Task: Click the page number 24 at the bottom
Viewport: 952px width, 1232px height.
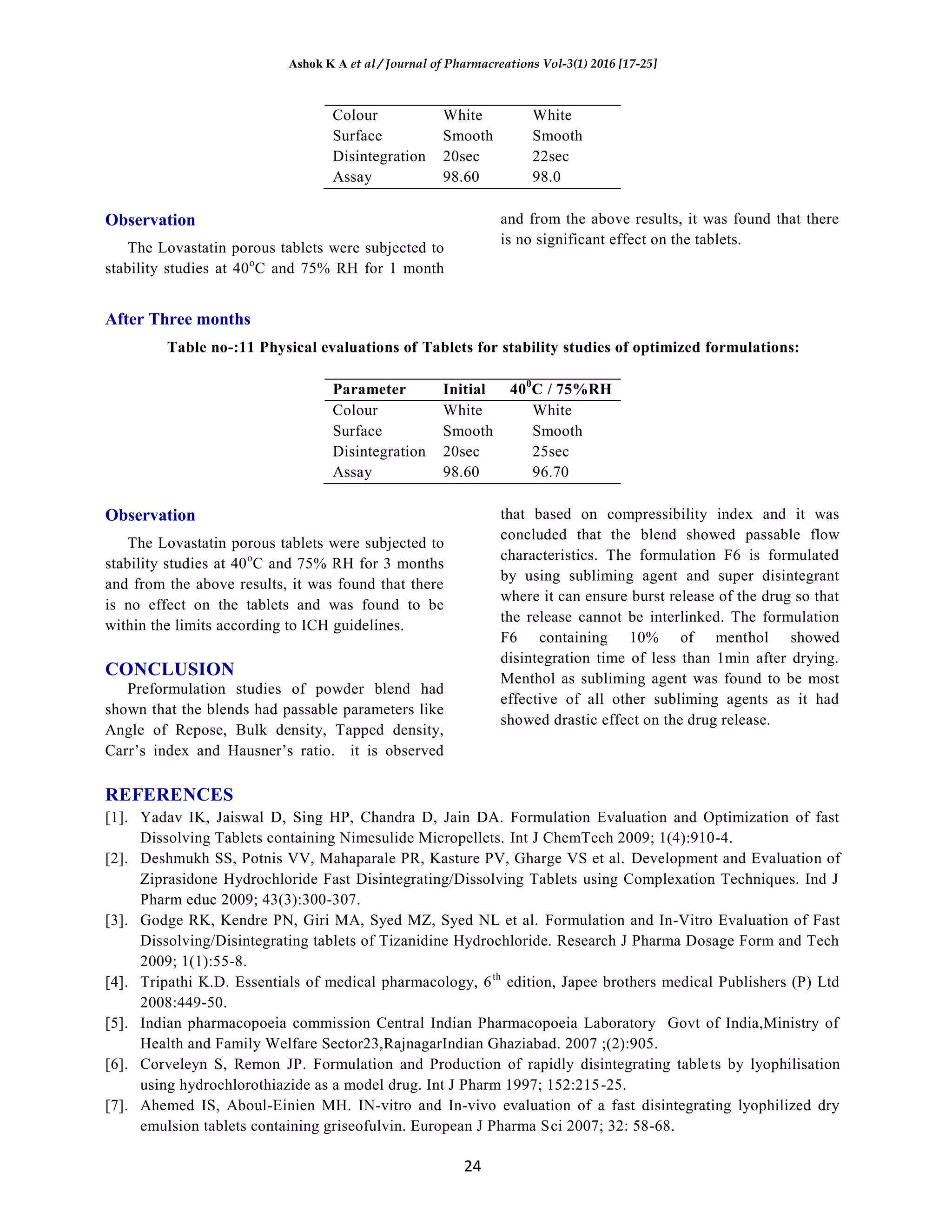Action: click(472, 1166)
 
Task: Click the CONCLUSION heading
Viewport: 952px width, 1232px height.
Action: click(169, 669)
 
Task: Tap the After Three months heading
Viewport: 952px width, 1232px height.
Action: click(178, 319)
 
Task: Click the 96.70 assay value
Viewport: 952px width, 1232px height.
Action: click(550, 472)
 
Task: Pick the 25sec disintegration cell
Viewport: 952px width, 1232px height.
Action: click(550, 451)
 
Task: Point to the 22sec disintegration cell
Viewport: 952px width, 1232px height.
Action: click(550, 156)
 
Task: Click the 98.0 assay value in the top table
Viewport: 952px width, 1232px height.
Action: click(546, 177)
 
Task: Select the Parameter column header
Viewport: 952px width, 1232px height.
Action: click(369, 389)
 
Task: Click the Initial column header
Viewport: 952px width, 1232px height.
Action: click(463, 389)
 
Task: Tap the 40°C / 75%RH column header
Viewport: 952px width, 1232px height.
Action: click(560, 389)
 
